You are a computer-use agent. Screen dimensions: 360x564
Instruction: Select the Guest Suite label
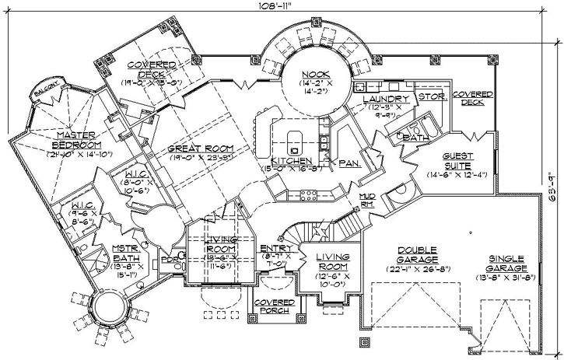point(443,160)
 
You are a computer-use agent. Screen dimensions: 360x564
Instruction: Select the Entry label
point(276,248)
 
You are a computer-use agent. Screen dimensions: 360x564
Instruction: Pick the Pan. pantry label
point(347,163)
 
